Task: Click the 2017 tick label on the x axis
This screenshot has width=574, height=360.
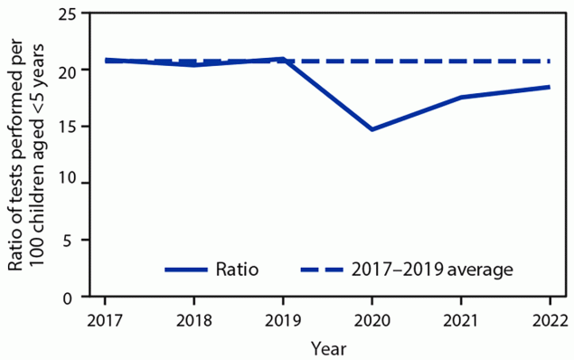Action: tap(105, 321)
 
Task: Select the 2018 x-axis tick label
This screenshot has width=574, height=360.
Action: tap(194, 321)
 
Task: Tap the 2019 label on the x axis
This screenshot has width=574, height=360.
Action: tap(283, 321)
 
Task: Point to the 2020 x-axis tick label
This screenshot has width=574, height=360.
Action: tap(372, 321)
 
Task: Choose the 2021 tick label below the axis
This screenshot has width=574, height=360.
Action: tap(461, 321)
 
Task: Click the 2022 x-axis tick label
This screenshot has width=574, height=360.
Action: tap(550, 321)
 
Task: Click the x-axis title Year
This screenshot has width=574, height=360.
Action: tap(327, 347)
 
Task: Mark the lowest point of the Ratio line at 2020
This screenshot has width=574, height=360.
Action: tap(372, 129)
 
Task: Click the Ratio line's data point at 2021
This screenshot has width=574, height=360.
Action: tap(461, 97)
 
